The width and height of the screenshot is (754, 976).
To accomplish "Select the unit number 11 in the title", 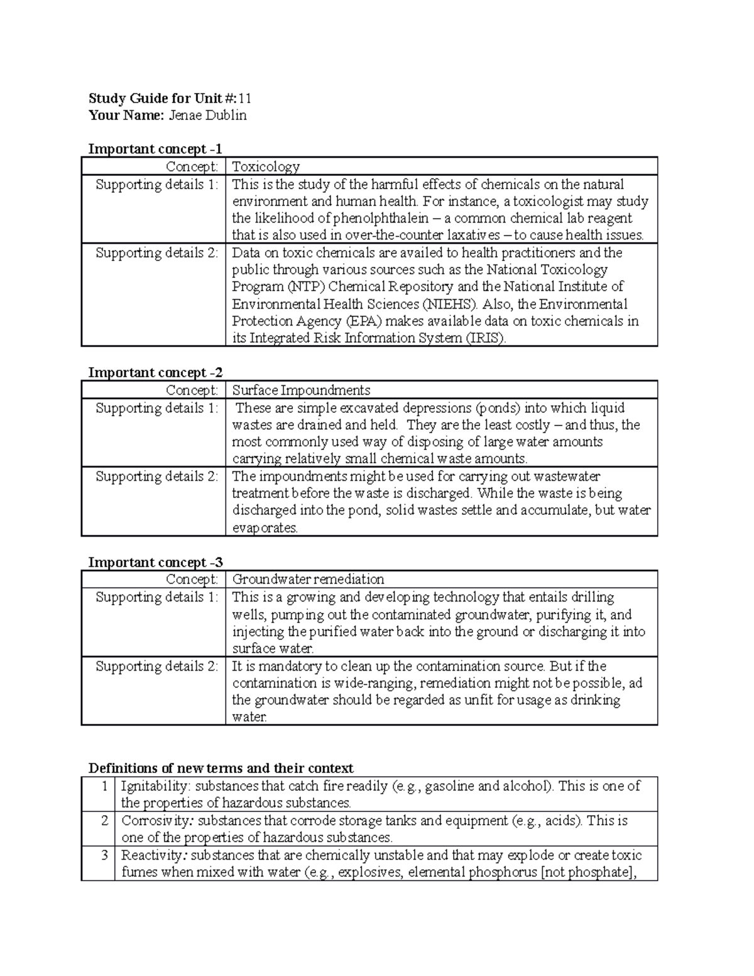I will click(x=245, y=98).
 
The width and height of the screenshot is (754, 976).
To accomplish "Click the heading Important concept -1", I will click(x=155, y=149).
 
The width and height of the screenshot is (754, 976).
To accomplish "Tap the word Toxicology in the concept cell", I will click(x=266, y=167).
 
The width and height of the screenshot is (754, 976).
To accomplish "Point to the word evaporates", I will click(x=265, y=528).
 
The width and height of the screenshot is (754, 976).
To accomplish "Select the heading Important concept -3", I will click(x=155, y=562).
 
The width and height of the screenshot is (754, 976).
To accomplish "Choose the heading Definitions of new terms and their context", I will click(x=221, y=768).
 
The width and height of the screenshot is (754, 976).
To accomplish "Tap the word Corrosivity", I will click(x=155, y=820).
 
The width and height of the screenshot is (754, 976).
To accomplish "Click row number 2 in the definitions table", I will click(x=104, y=820).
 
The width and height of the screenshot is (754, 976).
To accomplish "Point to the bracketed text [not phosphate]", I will click(x=589, y=872).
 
